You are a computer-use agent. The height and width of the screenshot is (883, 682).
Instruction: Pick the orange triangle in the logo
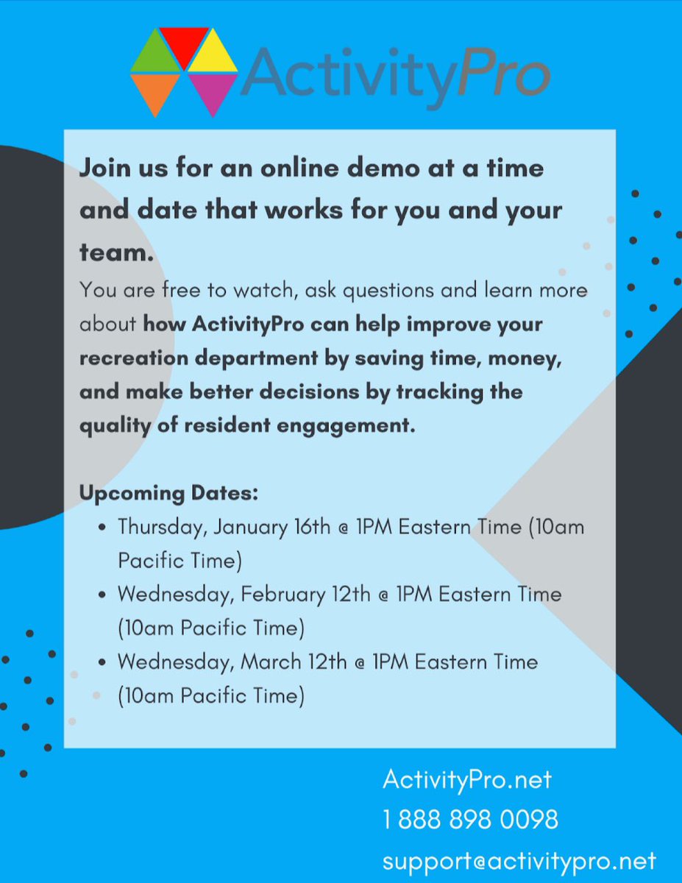coord(154,89)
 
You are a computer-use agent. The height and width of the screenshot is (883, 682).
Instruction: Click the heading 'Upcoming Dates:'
coord(168,492)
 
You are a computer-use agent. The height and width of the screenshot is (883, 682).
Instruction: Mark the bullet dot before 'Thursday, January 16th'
coord(102,528)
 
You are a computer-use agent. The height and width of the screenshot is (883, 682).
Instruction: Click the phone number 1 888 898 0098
coord(470,819)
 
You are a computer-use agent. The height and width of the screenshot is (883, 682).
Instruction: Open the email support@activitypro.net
coord(519,860)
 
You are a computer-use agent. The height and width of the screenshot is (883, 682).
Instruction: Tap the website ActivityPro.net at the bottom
coord(467,779)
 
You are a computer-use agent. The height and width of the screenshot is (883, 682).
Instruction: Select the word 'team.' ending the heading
coord(116,253)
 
